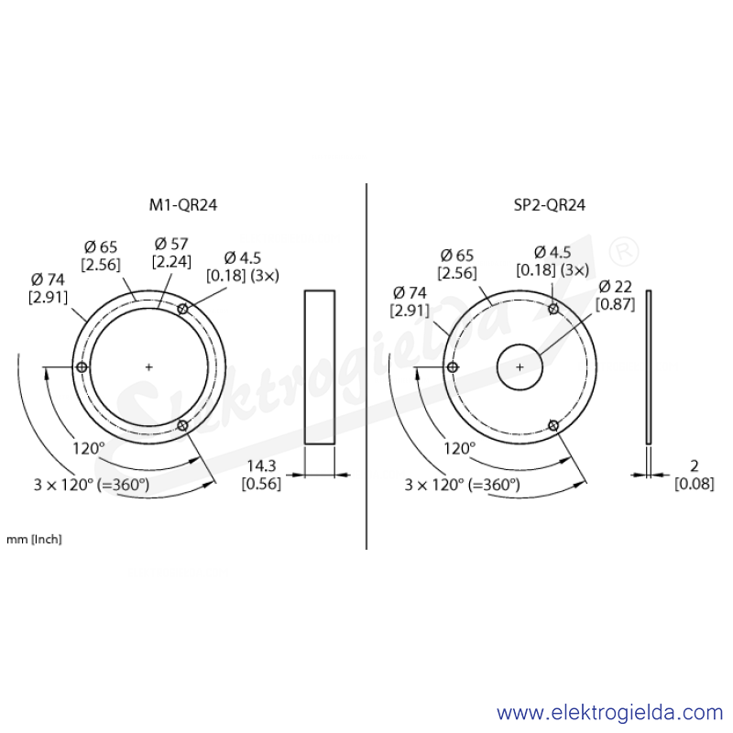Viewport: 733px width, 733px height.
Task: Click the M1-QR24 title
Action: (x=183, y=204)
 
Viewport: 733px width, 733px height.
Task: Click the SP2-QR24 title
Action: (x=549, y=204)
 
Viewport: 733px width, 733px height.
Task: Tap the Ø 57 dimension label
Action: (x=171, y=244)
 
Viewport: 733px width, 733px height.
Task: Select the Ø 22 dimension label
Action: (x=615, y=286)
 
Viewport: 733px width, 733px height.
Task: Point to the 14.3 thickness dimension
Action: (x=261, y=465)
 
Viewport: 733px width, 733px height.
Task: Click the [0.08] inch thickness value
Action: (x=695, y=484)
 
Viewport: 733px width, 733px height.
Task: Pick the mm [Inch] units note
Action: (x=34, y=539)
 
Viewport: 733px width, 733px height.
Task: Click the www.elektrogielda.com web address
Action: (x=609, y=713)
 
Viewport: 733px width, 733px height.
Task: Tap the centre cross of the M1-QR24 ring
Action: (x=148, y=367)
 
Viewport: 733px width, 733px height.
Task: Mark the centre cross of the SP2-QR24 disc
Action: (x=520, y=367)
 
